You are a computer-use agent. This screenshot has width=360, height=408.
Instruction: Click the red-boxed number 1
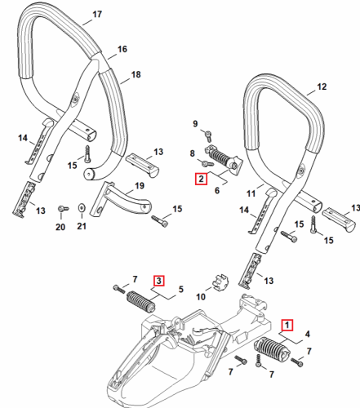coord(287,325)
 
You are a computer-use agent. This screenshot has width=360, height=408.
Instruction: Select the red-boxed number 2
coord(201,179)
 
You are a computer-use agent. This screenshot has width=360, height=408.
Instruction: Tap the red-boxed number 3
coord(159,281)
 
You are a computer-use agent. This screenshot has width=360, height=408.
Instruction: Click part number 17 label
coord(97,14)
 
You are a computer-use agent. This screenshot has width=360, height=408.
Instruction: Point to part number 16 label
coord(122,49)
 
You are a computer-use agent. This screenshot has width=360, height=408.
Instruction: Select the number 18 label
coord(136,74)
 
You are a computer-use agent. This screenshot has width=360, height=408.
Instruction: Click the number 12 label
coord(322,86)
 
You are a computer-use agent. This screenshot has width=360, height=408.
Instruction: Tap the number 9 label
coord(195,124)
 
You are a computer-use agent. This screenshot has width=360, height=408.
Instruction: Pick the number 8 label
coord(193,153)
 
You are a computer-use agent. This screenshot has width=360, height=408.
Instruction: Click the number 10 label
coord(201,297)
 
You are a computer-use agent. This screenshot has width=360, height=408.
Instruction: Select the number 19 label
coord(140,186)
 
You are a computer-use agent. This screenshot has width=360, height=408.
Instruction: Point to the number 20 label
coord(60,227)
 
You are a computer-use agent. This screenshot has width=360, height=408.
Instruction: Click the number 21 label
coord(82,226)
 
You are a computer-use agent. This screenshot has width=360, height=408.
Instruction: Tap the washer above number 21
coord(81,208)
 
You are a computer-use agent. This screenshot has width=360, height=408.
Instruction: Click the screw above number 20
coord(63,209)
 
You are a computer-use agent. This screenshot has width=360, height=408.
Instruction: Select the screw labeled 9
coord(208,135)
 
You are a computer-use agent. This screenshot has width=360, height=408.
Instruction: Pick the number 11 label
coord(251,193)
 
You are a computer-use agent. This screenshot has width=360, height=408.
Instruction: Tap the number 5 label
coord(181,290)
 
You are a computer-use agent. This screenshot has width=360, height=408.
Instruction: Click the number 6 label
coord(217,190)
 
